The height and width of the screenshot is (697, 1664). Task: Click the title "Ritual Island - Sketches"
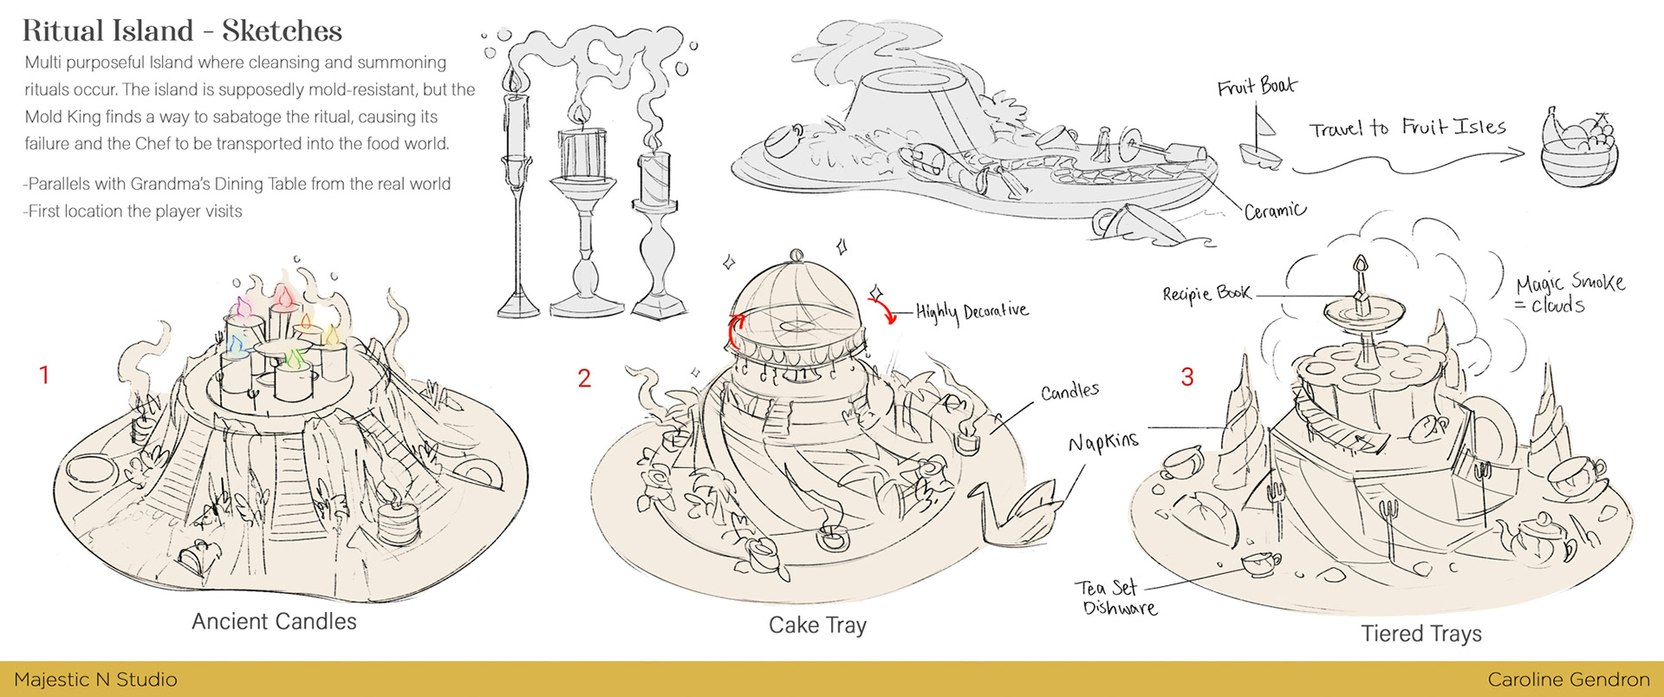[x=182, y=31]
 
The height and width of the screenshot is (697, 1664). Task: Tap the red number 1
[x=44, y=375]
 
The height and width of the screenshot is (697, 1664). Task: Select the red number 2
[x=584, y=378]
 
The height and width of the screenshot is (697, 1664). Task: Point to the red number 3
[x=1187, y=376]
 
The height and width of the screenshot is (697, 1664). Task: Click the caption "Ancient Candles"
[x=274, y=622]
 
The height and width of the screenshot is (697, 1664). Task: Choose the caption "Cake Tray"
[x=817, y=625]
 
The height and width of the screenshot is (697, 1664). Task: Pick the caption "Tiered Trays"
[x=1420, y=634]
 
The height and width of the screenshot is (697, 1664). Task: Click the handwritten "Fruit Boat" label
[x=1257, y=87]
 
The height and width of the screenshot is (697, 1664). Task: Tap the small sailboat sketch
[x=1262, y=143]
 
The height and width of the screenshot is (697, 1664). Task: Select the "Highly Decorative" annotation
[x=972, y=311]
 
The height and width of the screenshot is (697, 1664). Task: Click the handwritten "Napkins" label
[x=1102, y=442]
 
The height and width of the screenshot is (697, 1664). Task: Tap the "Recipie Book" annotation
[x=1206, y=293]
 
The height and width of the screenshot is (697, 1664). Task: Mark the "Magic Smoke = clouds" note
[x=1569, y=293]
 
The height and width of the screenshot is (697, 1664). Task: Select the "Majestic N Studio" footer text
[x=95, y=680]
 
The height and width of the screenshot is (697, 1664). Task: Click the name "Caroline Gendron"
[x=1569, y=680]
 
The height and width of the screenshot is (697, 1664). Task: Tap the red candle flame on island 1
[x=283, y=297]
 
